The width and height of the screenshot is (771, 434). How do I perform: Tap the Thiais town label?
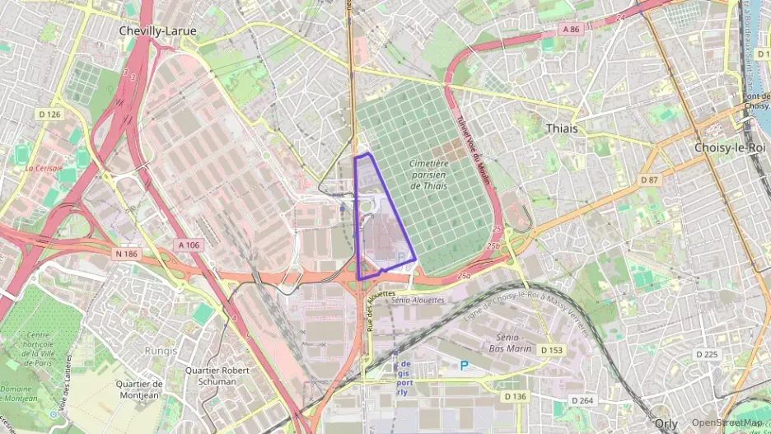tap(562, 128)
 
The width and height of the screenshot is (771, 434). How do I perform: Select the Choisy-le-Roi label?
tap(729, 147)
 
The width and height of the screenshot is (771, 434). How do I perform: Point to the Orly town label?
tap(666, 423)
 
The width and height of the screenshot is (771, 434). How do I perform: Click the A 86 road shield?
tap(572, 29)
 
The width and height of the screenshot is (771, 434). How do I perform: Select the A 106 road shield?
tap(188, 245)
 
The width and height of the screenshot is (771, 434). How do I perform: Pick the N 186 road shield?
tap(127, 254)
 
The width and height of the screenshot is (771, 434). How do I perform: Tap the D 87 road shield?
tap(650, 180)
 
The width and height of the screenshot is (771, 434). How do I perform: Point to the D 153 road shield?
tap(553, 350)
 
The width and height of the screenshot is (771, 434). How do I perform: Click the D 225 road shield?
tap(707, 354)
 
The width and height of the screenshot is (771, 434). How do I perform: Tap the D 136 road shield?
tap(514, 397)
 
